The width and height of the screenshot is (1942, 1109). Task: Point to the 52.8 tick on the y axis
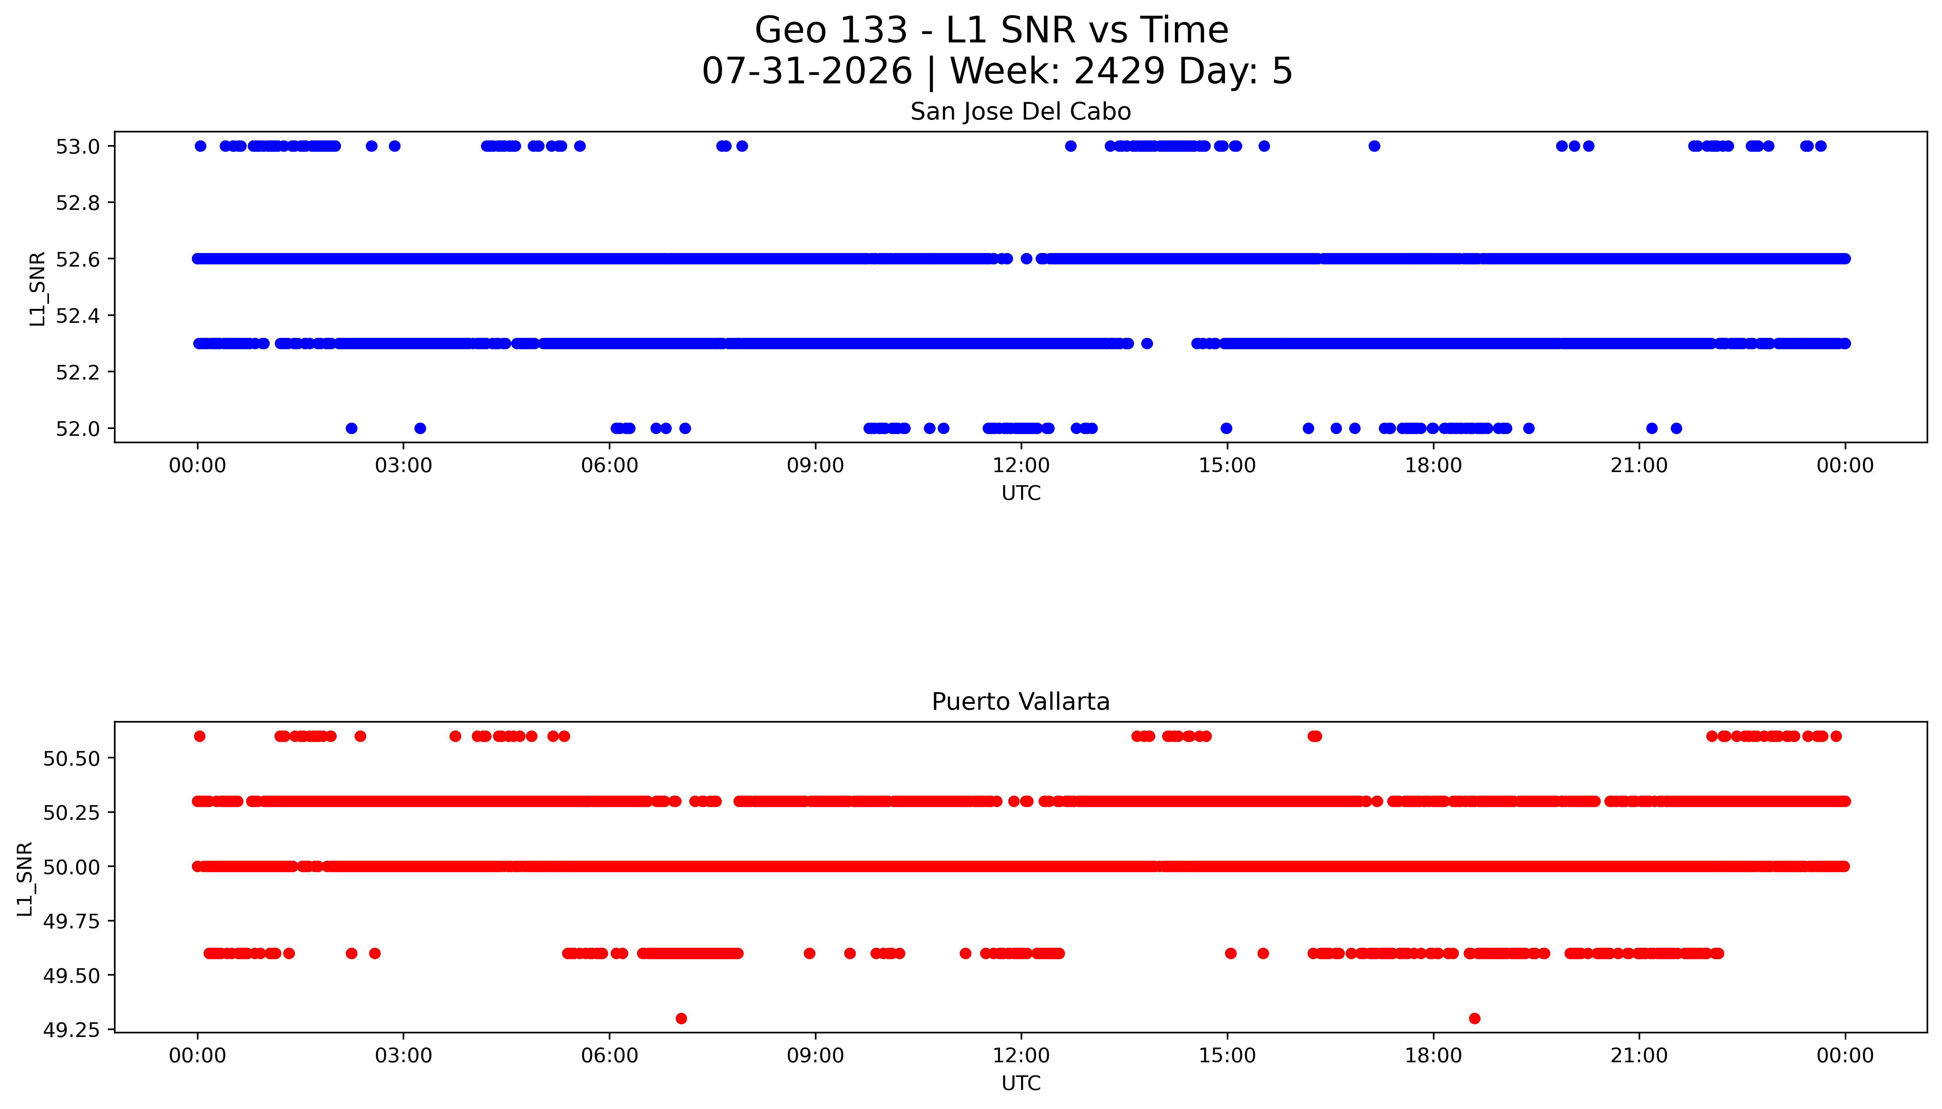[77, 203]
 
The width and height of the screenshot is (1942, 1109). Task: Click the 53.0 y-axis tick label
[77, 146]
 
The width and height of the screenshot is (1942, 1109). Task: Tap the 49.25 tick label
[71, 1030]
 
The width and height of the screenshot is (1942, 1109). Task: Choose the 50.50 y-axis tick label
[71, 758]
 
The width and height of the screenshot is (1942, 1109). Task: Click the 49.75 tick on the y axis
[71, 921]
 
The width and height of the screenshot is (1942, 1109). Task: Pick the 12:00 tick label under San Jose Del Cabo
[1021, 465]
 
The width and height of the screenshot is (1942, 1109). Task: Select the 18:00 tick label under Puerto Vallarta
[1433, 1056]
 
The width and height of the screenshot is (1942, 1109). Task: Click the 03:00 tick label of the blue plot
[403, 465]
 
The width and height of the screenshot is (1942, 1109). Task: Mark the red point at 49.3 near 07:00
[681, 1018]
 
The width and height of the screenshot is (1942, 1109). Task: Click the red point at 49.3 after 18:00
[1475, 1018]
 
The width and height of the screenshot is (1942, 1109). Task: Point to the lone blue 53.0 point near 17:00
[1374, 146]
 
